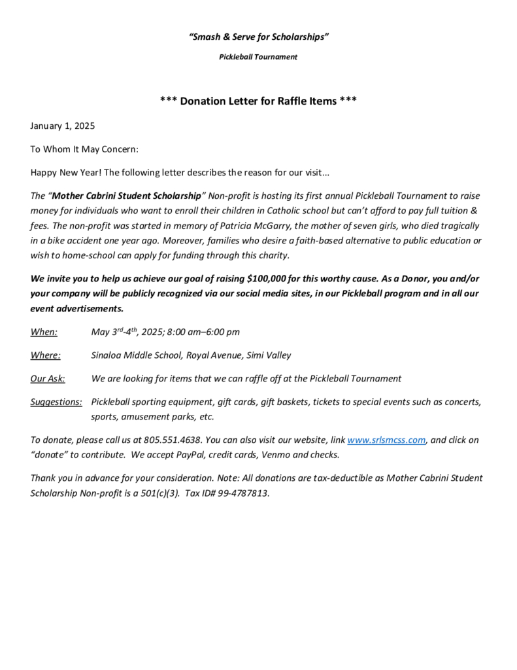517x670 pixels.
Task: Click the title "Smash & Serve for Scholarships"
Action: coord(258,37)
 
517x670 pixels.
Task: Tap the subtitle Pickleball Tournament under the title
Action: coord(258,57)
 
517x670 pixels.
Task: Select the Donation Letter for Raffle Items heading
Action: coord(258,101)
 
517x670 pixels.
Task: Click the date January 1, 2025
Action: coord(63,126)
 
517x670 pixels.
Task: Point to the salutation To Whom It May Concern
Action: coord(84,149)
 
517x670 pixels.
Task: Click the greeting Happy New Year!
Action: coord(65,173)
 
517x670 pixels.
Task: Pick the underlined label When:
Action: coord(44,332)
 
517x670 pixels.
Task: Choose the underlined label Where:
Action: coord(46,355)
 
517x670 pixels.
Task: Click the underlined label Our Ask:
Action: coord(47,378)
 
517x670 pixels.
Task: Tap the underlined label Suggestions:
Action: coord(56,401)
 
